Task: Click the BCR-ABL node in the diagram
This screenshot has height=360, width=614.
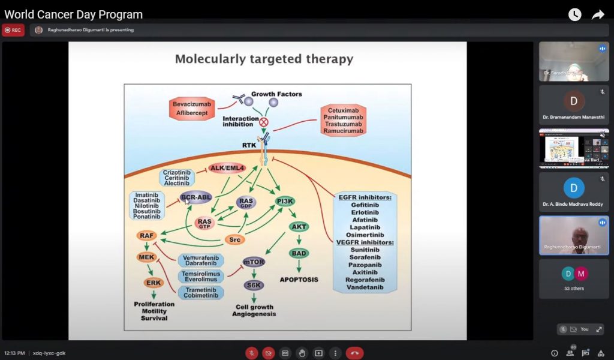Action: click(x=196, y=197)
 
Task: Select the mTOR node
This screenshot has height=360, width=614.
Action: click(x=254, y=262)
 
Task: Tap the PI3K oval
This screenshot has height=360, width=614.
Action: click(x=285, y=201)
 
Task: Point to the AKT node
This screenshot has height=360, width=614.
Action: click(x=299, y=227)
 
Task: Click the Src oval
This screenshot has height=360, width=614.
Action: click(x=234, y=239)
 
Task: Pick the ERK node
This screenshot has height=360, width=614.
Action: click(x=153, y=283)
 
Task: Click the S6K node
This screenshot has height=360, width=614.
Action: click(x=252, y=285)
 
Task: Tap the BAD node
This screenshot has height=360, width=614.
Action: click(x=299, y=253)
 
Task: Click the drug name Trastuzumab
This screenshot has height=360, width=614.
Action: click(x=343, y=123)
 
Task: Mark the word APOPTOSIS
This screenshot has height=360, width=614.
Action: click(x=299, y=280)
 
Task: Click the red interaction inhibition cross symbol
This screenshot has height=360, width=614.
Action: click(x=263, y=122)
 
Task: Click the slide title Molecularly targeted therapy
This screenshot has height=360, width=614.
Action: click(x=264, y=59)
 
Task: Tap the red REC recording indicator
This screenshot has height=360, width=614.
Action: click(x=13, y=30)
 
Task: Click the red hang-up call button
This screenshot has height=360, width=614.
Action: click(x=354, y=353)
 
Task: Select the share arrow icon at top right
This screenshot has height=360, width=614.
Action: click(x=598, y=15)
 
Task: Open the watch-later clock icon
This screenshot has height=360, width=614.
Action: click(x=574, y=15)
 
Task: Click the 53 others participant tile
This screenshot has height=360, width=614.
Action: click(x=574, y=278)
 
